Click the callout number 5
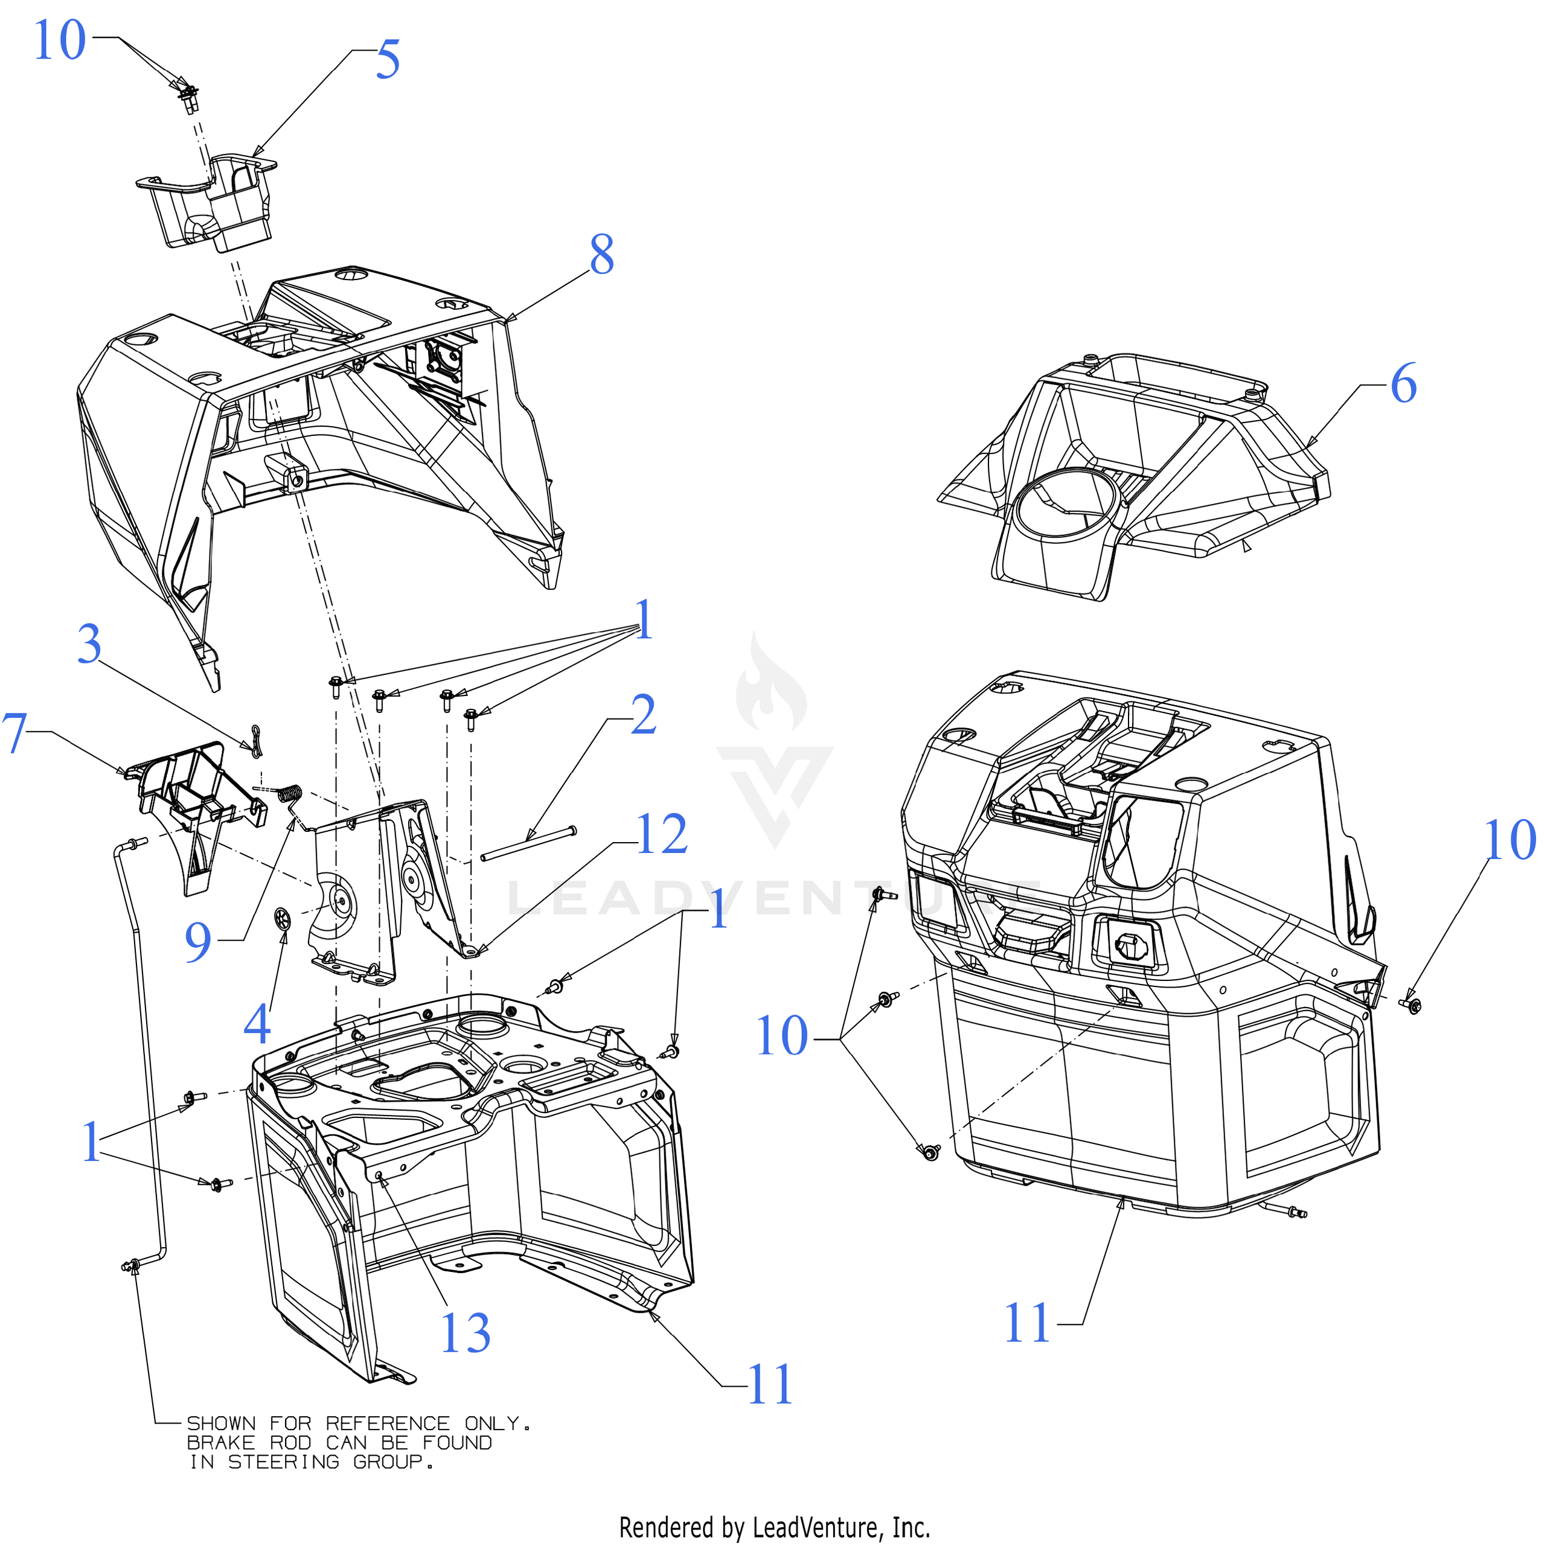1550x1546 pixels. pos(388,60)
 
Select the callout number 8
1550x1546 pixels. pos(602,256)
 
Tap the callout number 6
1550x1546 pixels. pos(1403,385)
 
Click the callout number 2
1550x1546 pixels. pos(644,715)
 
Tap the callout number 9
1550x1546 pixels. pos(198,943)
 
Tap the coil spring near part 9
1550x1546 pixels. pos(291,794)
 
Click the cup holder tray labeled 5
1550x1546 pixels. pos(210,200)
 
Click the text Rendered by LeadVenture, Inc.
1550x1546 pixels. pos(774,1527)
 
